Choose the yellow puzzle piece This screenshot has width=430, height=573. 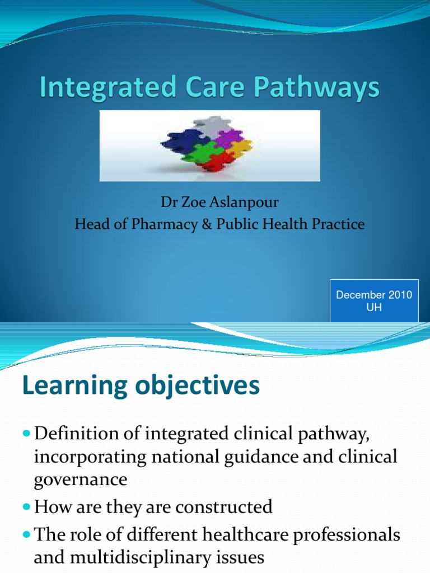(240, 150)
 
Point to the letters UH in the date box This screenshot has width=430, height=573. (374, 307)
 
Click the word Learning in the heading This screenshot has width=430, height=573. (72, 386)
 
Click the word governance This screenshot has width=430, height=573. (80, 480)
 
